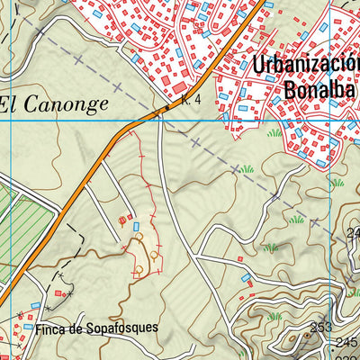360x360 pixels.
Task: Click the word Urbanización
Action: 306,65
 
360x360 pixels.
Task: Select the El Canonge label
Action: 54,104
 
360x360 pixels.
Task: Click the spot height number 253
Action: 321,327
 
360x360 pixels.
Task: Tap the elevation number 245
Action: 347,343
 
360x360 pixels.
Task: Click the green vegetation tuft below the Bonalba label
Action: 274,133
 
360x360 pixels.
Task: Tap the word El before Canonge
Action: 10,104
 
